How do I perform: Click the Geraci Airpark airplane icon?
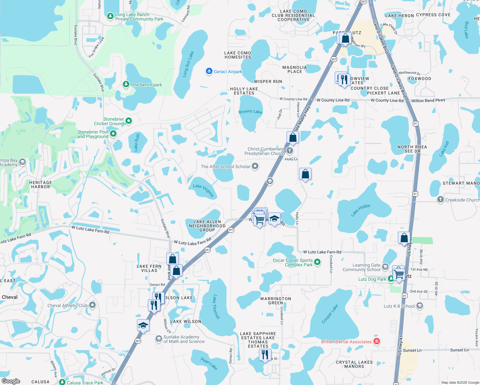(x=209, y=71)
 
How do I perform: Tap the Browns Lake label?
(x=250, y=112)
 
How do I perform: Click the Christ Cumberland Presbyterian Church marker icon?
(x=289, y=150)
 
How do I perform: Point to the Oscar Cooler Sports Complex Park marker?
(x=317, y=262)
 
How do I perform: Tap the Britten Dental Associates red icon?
(x=377, y=341)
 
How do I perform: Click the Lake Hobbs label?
(x=360, y=210)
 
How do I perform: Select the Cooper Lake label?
(x=330, y=314)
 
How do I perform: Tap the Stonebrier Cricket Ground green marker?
(x=129, y=121)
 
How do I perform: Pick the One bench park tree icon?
(x=126, y=84)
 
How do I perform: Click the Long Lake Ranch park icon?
(x=110, y=16)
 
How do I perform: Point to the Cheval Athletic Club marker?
(x=92, y=305)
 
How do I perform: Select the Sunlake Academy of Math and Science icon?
(x=159, y=339)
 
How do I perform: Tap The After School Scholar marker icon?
(x=255, y=166)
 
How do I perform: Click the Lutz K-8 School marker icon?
(x=420, y=306)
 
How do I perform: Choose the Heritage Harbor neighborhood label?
(x=40, y=184)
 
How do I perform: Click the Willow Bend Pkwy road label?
(x=428, y=100)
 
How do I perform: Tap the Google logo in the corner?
(x=11, y=381)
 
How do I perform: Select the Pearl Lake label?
(x=209, y=364)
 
